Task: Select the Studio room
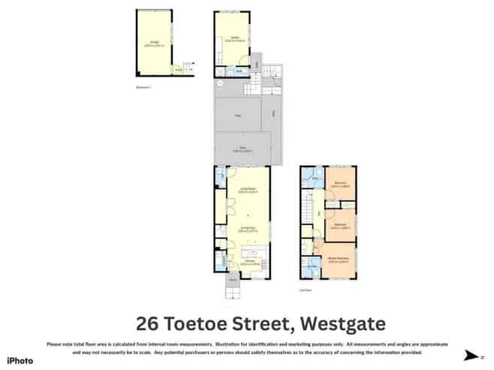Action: (234, 40)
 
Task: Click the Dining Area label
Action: (245, 228)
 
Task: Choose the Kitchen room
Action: (245, 262)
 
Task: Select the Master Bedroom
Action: (339, 260)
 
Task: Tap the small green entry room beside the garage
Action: (179, 71)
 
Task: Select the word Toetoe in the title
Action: (198, 324)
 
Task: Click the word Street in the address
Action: (264, 324)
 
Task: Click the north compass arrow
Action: (471, 356)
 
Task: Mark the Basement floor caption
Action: (143, 88)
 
